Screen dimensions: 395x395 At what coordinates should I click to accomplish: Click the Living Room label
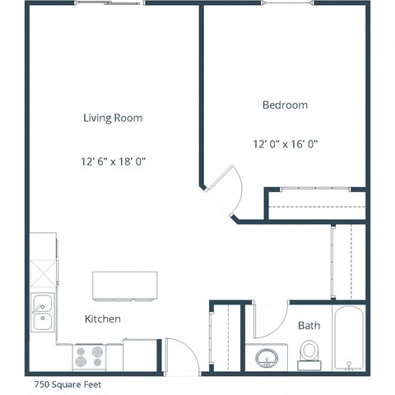113,118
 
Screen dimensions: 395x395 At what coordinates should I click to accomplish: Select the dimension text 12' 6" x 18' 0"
113,160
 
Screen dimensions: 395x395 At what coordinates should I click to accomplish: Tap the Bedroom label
285,105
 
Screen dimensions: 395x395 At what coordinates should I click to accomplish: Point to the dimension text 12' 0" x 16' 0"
285,144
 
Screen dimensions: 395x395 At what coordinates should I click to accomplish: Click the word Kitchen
103,318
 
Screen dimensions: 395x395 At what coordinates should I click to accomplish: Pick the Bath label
309,326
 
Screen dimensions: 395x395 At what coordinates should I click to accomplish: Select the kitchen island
124,285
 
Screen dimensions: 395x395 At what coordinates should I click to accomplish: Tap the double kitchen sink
41,314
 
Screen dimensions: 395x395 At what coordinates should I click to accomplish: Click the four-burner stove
89,356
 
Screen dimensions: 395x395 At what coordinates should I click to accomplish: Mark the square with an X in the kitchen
44,272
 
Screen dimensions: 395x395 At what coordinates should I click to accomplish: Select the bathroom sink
267,358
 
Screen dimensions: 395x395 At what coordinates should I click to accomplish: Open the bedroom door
222,188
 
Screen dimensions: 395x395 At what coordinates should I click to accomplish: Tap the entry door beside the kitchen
182,358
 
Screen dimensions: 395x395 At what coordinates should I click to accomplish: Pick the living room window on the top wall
109,3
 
